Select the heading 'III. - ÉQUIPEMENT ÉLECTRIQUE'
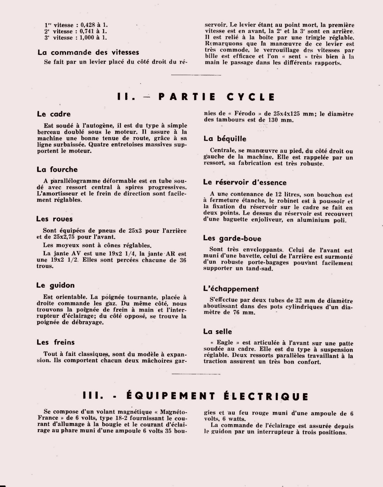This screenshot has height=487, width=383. click(195, 396)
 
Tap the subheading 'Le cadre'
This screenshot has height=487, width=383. click(54, 114)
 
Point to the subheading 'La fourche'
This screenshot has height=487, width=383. click(57, 169)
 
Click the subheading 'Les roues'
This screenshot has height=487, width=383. click(54, 219)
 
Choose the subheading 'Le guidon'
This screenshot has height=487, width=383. click(56, 285)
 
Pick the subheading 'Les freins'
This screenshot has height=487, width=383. click(56, 342)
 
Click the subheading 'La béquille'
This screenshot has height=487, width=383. click(225, 139)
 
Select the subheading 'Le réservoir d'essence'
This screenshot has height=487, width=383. click(245, 182)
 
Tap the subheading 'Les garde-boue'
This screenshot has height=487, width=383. click(232, 238)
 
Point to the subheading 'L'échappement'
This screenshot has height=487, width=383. click(231, 289)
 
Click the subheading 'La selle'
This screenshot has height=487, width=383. click(218, 331)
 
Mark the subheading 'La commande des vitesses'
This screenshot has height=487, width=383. click(88, 52)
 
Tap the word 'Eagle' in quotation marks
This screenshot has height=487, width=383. click(224, 343)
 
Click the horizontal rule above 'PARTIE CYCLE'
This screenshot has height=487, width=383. click(191, 75)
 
